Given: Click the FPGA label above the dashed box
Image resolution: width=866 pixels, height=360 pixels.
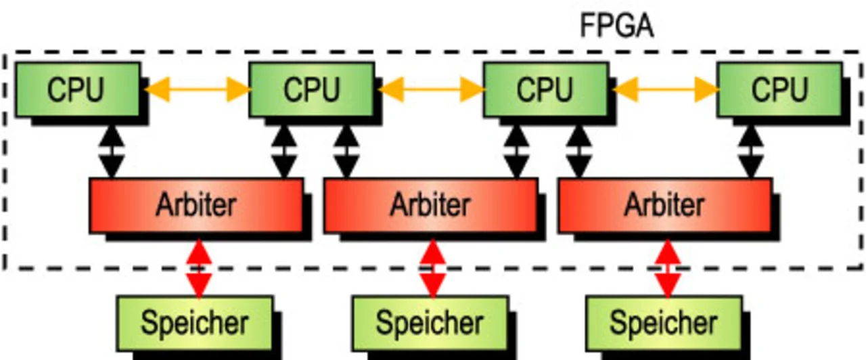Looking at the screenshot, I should [x=616, y=26].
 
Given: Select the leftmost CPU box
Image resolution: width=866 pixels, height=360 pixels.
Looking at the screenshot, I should [x=77, y=89].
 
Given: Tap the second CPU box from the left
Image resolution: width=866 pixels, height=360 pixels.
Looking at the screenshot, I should [x=311, y=89].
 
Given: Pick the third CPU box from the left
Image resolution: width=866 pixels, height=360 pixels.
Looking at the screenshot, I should [x=545, y=89].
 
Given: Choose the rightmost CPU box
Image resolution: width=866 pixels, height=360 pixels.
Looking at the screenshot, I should [x=779, y=89].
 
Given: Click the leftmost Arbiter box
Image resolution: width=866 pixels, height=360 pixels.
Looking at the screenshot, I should [x=196, y=205].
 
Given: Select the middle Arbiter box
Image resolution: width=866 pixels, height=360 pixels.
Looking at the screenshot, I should [x=430, y=205].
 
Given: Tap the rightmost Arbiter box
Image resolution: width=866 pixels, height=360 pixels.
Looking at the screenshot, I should [x=664, y=205].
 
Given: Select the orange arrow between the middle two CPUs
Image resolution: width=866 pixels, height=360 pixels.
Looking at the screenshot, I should [x=431, y=89].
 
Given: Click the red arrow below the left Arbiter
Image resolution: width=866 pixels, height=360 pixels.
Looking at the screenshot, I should [x=198, y=268].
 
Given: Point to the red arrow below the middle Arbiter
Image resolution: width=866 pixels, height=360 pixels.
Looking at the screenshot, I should [x=432, y=268].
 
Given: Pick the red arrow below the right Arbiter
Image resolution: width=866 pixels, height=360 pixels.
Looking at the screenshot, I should [x=668, y=268].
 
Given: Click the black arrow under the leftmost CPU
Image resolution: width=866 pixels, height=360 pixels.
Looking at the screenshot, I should [x=112, y=152].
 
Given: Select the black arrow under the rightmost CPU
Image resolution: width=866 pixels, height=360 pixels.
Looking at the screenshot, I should [x=752, y=152].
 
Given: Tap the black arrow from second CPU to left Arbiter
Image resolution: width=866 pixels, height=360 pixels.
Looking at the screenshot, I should [x=283, y=152].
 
